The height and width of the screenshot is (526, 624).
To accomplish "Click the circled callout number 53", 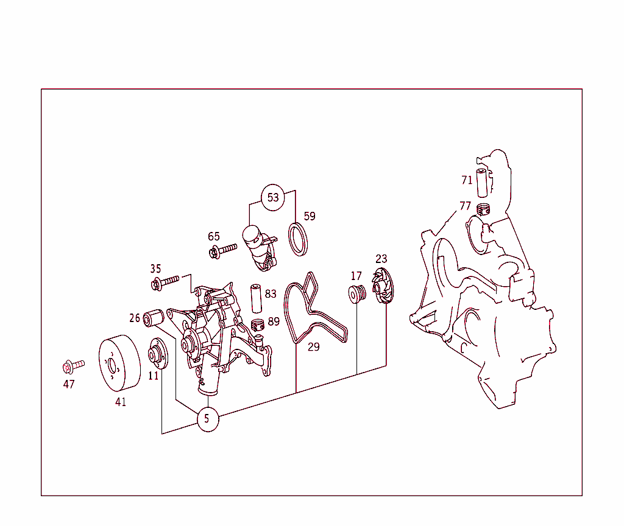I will pyautogui.click(x=273, y=197).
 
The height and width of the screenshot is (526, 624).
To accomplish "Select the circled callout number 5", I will pyautogui.click(x=207, y=419).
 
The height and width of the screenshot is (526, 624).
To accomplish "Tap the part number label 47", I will pyautogui.click(x=69, y=384).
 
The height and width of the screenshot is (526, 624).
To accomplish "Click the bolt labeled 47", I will pyautogui.click(x=72, y=366).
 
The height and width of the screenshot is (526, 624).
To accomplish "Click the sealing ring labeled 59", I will pyautogui.click(x=297, y=240).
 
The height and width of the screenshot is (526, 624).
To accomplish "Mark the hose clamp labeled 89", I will pyautogui.click(x=258, y=326).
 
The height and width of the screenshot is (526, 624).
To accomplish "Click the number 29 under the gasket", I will pyautogui.click(x=313, y=348).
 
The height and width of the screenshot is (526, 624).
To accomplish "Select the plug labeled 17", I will pyautogui.click(x=356, y=293).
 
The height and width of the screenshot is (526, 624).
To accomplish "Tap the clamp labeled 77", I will pyautogui.click(x=483, y=210).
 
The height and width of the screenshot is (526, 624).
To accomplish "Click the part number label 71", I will pyautogui.click(x=467, y=180).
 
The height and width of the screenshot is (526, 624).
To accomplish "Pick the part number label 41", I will pyautogui.click(x=121, y=402).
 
